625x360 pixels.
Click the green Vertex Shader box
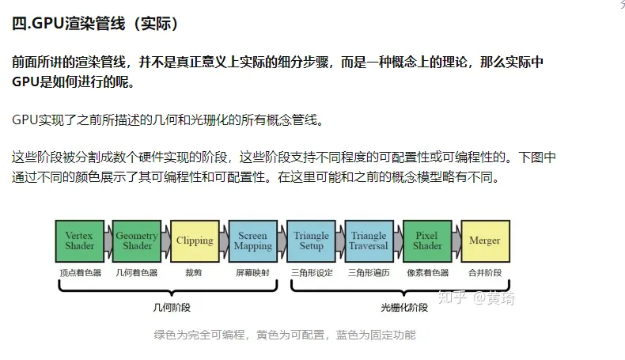[80, 241]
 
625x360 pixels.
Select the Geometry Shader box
[137, 241]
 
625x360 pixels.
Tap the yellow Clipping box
[195, 241]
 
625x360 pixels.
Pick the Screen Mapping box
[253, 241]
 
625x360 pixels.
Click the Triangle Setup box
[311, 241]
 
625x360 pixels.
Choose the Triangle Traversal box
[369, 241]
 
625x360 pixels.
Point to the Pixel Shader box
[427, 241]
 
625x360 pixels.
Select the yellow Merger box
[486, 241]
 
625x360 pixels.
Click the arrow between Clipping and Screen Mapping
[224, 241]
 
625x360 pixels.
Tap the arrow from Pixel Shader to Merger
[456, 241]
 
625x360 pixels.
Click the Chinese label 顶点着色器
[81, 273]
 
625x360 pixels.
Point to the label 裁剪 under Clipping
[194, 273]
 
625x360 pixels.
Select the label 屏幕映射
[252, 273]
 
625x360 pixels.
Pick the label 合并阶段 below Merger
[485, 273]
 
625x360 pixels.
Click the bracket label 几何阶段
[172, 307]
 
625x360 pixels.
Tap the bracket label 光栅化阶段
[404, 307]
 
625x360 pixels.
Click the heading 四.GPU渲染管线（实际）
[95, 24]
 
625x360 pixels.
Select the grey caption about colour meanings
[285, 335]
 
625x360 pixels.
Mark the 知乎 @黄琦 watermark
[476, 297]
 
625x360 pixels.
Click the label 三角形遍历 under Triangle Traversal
[369, 273]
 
